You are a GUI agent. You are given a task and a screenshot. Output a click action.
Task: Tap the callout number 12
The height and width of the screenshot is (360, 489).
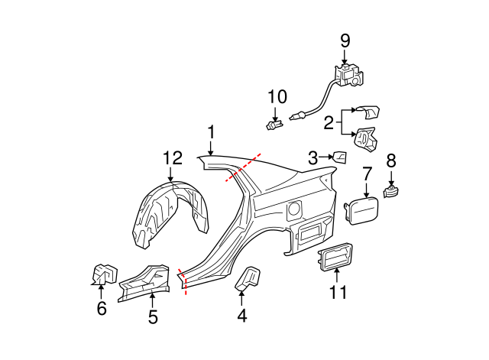tap(173, 158)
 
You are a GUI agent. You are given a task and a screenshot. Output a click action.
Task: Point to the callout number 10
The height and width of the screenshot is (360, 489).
tap(277, 97)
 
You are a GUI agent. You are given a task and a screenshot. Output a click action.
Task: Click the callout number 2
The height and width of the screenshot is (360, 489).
tap(329, 122)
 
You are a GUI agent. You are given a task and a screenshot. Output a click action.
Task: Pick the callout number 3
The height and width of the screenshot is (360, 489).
tap(313, 158)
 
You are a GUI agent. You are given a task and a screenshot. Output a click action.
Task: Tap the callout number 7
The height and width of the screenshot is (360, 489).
tap(367, 174)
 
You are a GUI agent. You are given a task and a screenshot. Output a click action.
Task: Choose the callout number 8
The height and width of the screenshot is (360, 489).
tap(391, 161)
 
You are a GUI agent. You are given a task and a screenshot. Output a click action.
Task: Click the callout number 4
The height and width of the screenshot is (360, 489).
tap(242, 314)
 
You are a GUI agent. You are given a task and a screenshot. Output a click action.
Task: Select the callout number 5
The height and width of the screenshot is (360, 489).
tap(153, 316)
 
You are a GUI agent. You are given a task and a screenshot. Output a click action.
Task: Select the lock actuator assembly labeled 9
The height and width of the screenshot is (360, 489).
tap(349, 76)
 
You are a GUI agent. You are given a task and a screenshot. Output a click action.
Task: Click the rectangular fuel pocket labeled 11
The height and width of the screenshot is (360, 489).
tap(335, 257)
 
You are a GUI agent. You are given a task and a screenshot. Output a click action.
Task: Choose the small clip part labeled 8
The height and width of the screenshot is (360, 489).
tap(391, 191)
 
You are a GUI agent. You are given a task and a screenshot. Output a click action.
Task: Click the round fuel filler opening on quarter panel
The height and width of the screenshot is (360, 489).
tap(293, 209)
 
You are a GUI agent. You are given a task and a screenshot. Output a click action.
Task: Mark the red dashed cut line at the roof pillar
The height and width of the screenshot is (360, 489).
tap(243, 168)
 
